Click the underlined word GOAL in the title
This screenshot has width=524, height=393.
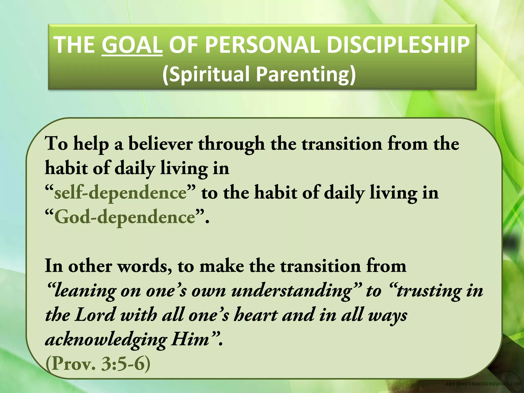click(132, 45)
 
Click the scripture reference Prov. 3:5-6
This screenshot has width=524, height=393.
click(98, 364)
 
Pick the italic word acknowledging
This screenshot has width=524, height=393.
click(106, 340)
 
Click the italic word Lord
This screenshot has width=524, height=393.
click(95, 315)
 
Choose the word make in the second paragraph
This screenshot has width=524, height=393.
click(222, 266)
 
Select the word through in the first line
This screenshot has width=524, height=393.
click(232, 144)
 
